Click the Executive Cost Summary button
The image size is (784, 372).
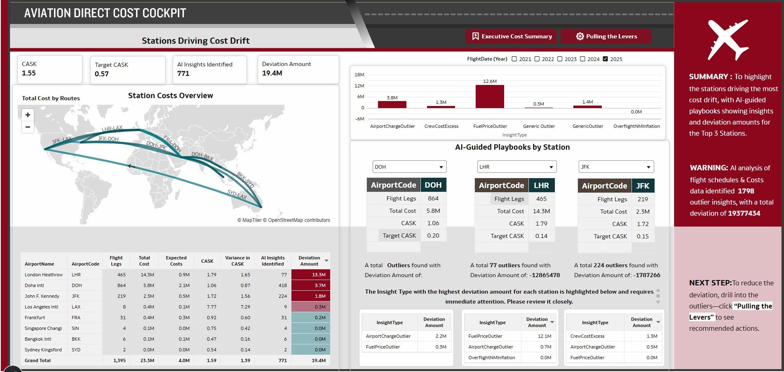coord(512,36)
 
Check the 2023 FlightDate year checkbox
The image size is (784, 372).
coord(560,59)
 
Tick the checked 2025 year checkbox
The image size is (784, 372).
coord(605,59)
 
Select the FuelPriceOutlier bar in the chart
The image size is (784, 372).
coord(490,97)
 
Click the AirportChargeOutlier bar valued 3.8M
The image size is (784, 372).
coord(392,104)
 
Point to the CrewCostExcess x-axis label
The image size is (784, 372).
coord(441,126)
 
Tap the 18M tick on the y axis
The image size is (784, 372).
coord(359,75)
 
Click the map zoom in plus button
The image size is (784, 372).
coord(28,115)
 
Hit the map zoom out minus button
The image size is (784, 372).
coord(28,127)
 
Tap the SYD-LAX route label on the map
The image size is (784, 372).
coord(237,194)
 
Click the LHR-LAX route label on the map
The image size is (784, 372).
coord(112,129)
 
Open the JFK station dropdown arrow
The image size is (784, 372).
coord(648,167)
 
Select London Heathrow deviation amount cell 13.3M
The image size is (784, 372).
coord(310,275)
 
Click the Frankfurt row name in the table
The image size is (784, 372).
coord(35,318)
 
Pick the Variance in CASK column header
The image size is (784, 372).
coord(237,261)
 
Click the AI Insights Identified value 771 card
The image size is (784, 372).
coord(209,69)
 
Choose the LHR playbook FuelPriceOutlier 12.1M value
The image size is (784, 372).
coord(544,336)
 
